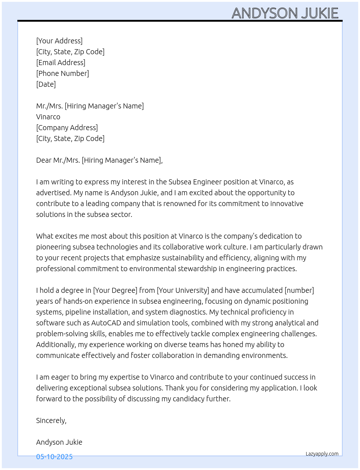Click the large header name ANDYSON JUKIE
point(285,13)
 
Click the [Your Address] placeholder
point(59,41)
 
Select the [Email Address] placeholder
point(61,63)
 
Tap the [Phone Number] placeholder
point(63,73)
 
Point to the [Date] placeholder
point(46,84)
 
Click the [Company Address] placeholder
point(67,128)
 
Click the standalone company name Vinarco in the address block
point(48,117)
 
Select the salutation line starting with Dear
point(99,160)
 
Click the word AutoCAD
point(106,323)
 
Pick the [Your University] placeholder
point(183,290)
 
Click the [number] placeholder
point(299,290)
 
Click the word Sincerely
point(51,420)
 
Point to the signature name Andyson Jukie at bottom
point(59,442)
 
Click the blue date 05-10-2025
point(54,457)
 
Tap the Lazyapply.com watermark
point(322,454)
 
